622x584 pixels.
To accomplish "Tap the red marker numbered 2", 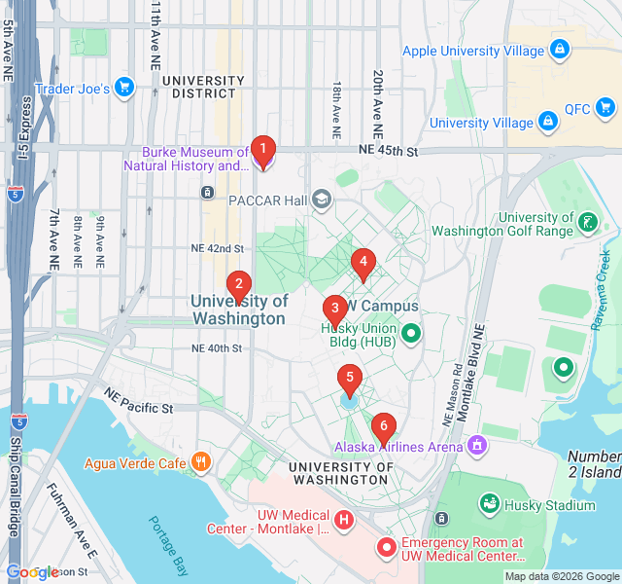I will pyautogui.click(x=237, y=286).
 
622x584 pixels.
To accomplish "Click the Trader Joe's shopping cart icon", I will pyautogui.click(x=123, y=88).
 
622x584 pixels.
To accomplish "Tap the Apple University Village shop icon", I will pyautogui.click(x=559, y=49).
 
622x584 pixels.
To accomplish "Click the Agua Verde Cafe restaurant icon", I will pyautogui.click(x=201, y=462).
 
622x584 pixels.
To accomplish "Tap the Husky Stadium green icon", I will pyautogui.click(x=490, y=504).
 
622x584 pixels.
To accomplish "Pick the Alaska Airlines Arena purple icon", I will pyautogui.click(x=476, y=446).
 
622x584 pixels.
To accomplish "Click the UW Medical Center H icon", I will pyautogui.click(x=343, y=521).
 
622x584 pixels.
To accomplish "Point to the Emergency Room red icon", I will pyautogui.click(x=386, y=548).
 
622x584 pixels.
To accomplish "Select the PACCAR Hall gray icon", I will pyautogui.click(x=322, y=200).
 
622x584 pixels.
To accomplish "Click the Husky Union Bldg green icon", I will pyautogui.click(x=411, y=334).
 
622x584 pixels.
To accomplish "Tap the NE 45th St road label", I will pyautogui.click(x=387, y=152).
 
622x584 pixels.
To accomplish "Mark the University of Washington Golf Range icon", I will pyautogui.click(x=586, y=223).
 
